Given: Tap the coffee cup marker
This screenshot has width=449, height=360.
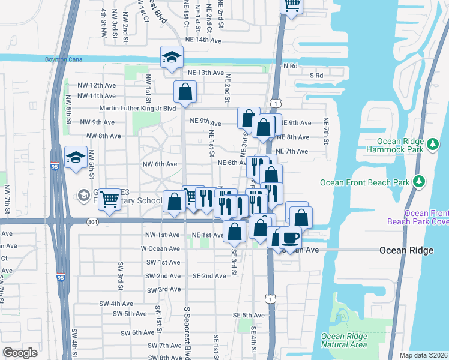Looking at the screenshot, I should tap(291, 237).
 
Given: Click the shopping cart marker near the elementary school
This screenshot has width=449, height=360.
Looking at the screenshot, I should tap(110, 197).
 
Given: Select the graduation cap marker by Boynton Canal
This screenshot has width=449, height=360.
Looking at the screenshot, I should tap(172, 57).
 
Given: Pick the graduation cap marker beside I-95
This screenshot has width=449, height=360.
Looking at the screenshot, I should tap(76, 157).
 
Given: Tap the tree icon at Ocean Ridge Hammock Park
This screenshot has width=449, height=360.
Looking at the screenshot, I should tap(432, 144).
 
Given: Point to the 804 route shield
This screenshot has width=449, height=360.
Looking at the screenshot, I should tap(91, 221).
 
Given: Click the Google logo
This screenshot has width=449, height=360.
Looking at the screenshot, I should tap(20, 352).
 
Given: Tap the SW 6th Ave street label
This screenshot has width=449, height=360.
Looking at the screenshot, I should tap(138, 332).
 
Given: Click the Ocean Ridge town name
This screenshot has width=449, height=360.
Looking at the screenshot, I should tap(406, 250).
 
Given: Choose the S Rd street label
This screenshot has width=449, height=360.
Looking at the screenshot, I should tap(316, 76).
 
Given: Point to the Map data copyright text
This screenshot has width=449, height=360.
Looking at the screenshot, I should tap(423, 355).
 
